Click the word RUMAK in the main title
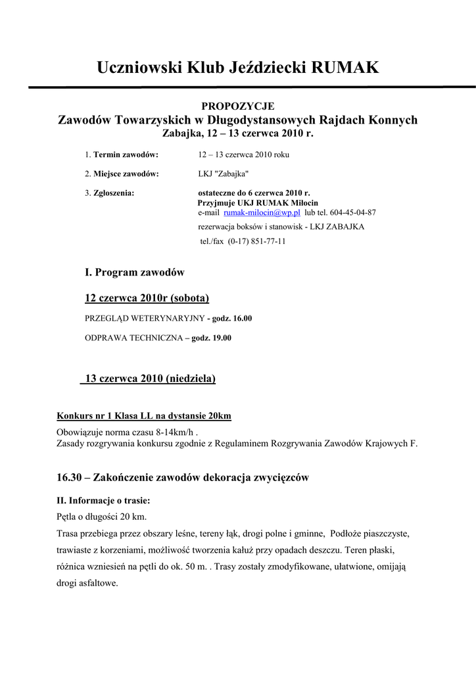coord(345,67)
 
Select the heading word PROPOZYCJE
coord(238,106)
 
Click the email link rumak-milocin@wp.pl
coord(262,213)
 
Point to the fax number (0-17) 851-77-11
coord(256,241)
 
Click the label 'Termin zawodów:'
coord(126,155)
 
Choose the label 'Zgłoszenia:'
coord(114,193)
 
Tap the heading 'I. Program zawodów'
coord(135,272)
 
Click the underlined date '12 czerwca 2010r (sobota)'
coord(147,299)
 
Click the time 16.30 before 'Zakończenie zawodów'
coord(68,478)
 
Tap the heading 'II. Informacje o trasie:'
coord(104,500)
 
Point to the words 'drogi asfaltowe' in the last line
coord(87,583)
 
